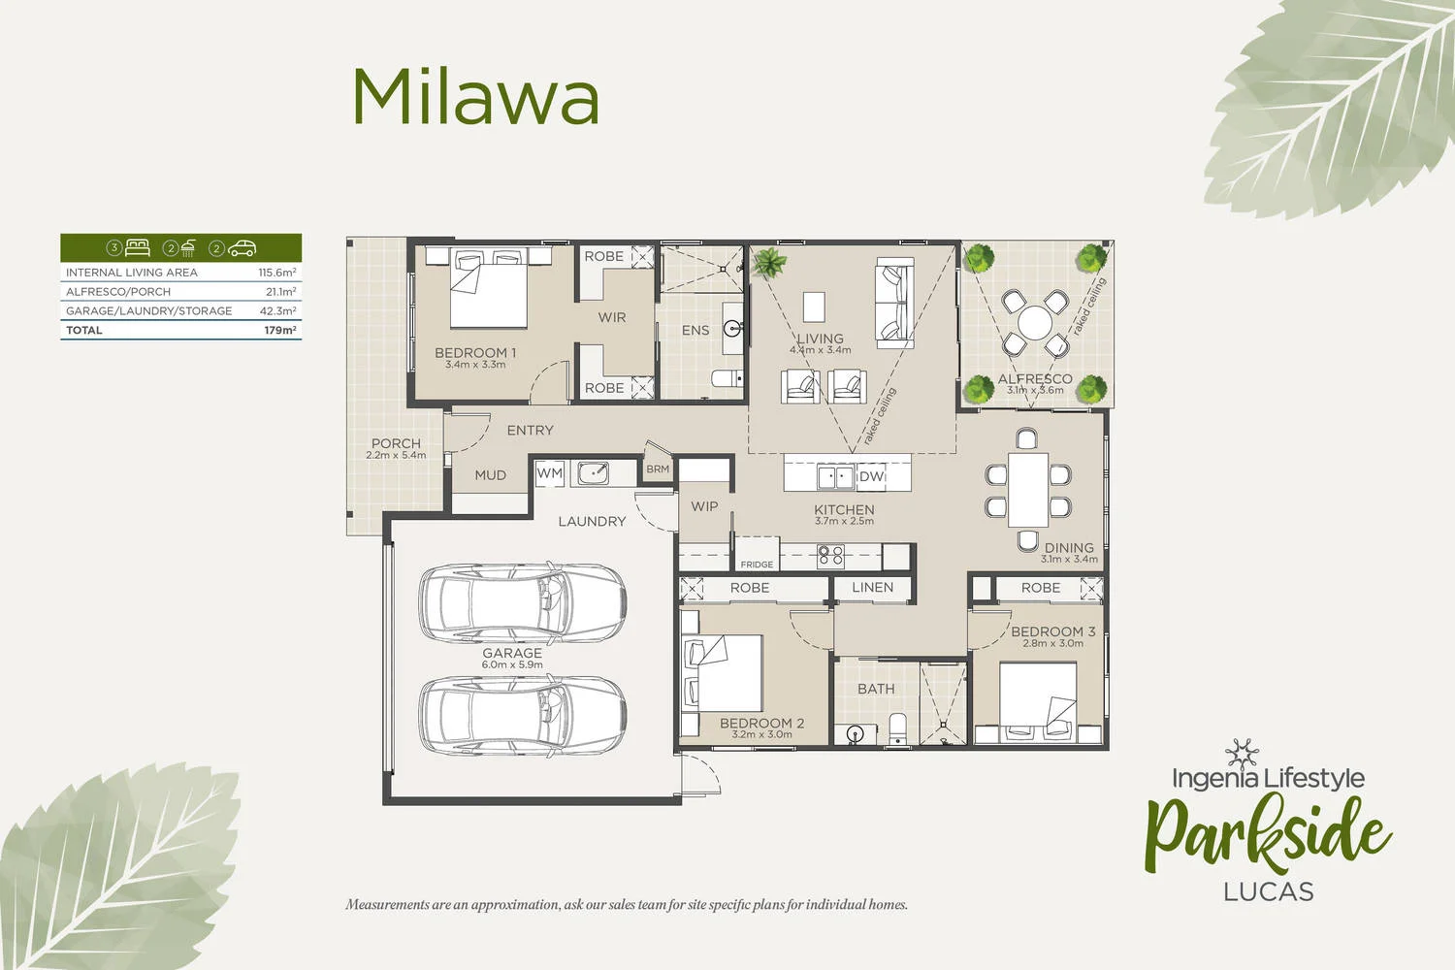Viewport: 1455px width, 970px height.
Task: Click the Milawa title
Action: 475,97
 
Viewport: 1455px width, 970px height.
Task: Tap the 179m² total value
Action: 279,331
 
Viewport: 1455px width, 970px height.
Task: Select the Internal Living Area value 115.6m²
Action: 276,273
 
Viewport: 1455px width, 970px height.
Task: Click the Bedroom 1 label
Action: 474,353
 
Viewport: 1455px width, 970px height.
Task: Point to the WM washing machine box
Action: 550,473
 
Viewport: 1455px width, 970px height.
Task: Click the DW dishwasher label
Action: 870,476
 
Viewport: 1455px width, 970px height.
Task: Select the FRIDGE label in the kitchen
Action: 757,564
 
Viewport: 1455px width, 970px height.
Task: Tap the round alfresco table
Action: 1035,323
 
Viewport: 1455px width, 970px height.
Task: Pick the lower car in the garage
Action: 522,715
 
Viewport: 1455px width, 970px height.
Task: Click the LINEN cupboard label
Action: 872,587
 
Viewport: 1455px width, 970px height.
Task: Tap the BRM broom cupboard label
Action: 658,469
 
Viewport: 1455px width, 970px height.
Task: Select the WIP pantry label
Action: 704,506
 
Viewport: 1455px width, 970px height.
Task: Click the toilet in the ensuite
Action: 726,378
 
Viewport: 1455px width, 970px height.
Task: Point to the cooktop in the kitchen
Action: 831,556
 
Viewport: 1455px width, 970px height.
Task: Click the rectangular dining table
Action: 1027,489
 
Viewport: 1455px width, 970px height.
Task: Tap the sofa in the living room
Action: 893,303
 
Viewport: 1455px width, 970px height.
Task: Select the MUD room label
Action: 490,475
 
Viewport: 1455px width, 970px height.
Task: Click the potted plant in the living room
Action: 770,263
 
